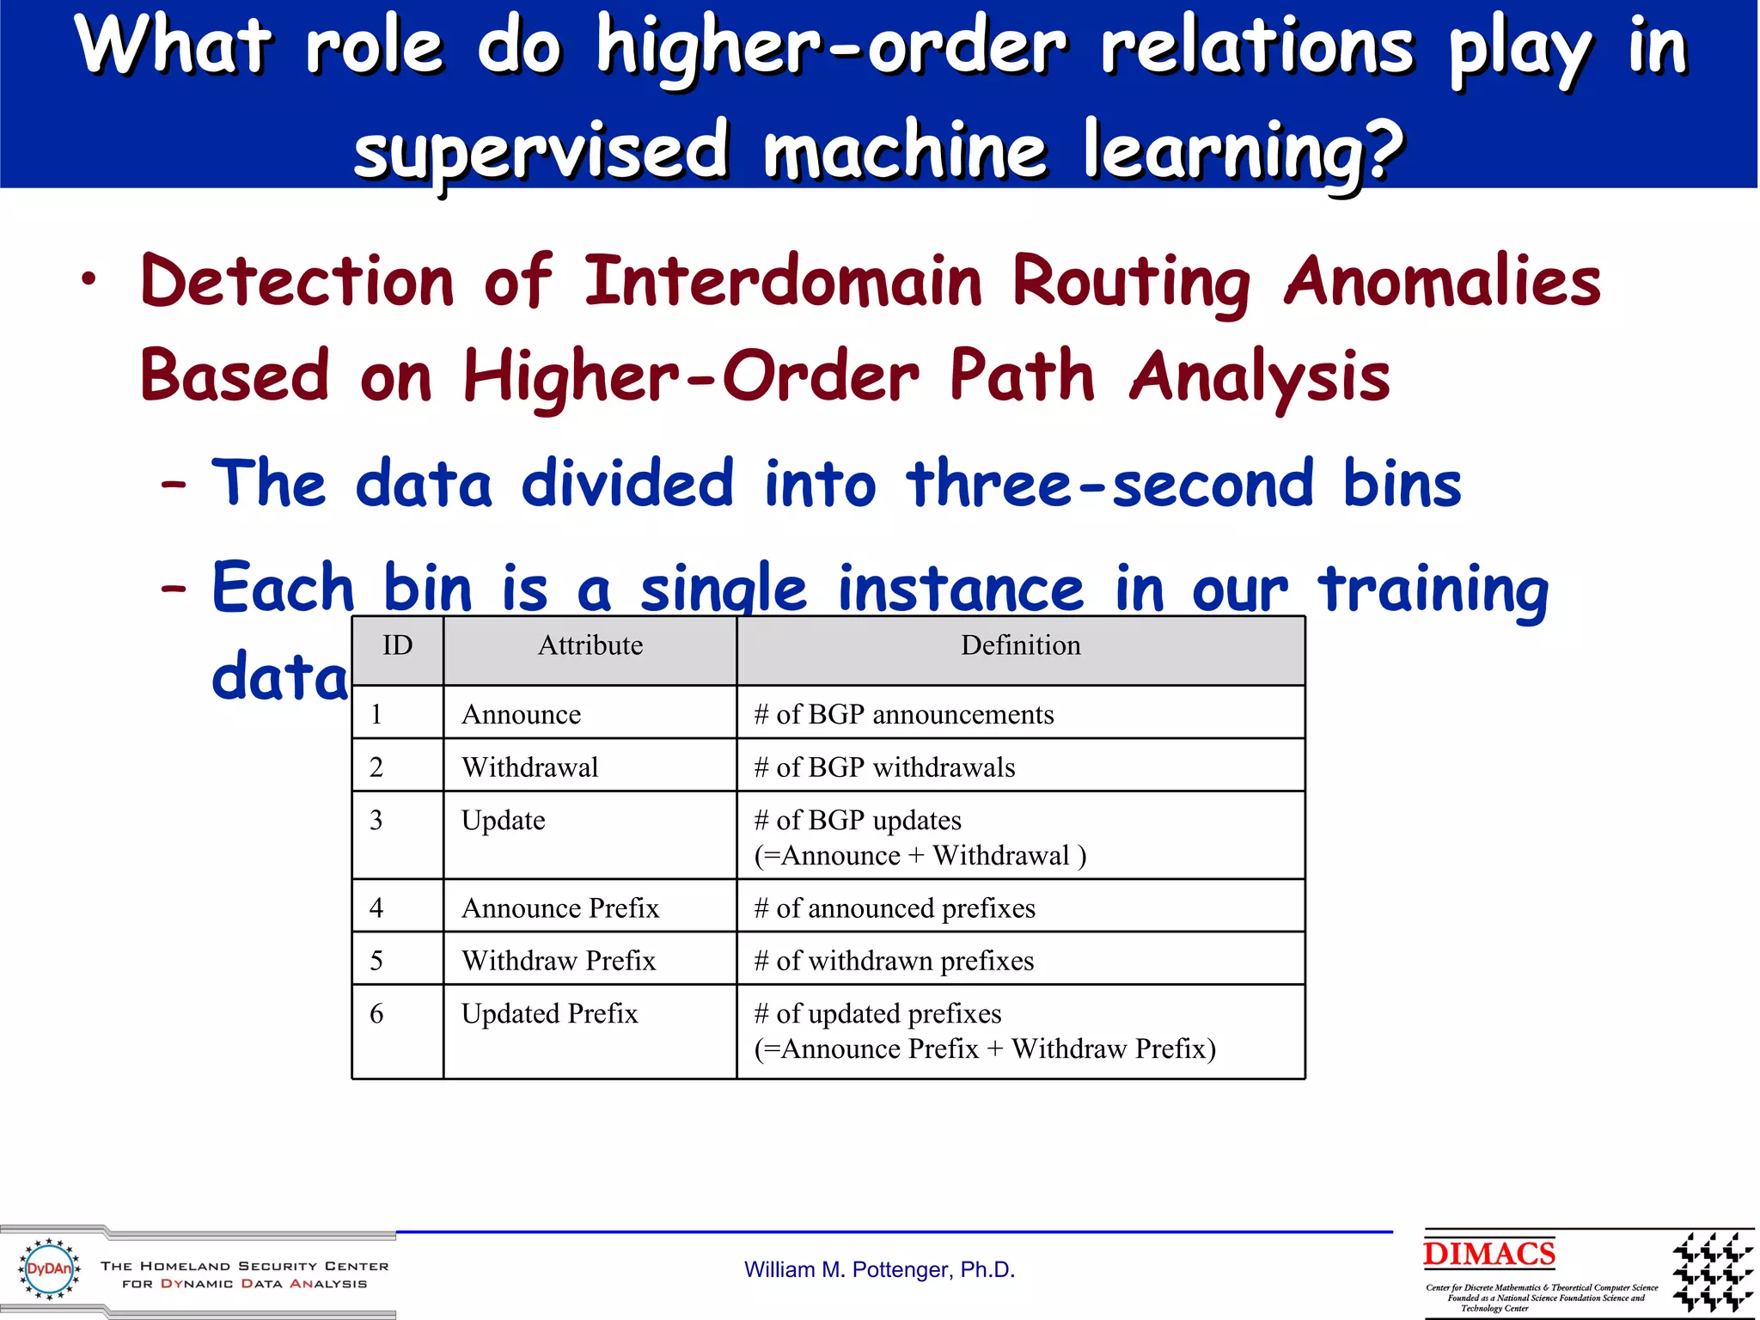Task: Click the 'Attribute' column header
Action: coord(590,645)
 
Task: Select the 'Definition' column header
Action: coord(1020,645)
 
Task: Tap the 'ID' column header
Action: coord(397,645)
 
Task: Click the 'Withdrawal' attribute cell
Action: coord(529,767)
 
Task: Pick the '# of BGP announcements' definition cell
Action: coord(903,714)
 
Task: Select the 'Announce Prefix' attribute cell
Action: coord(560,907)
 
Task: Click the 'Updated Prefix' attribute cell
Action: coord(549,1014)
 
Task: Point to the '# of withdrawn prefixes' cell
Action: coord(894,960)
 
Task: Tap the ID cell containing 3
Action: coord(376,820)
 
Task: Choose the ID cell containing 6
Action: coord(376,1014)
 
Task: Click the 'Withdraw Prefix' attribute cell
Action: coord(558,960)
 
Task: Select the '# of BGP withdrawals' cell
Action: coord(884,767)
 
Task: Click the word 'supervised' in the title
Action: coord(541,151)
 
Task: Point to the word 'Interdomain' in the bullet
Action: coord(782,282)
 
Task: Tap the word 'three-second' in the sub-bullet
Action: coord(1109,484)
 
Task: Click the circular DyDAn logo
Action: coord(49,1268)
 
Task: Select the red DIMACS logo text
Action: coord(1488,1254)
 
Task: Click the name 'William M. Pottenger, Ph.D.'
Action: coord(879,1269)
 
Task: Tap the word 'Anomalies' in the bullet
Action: coord(1441,282)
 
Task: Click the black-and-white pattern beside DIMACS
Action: coord(1712,1272)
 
